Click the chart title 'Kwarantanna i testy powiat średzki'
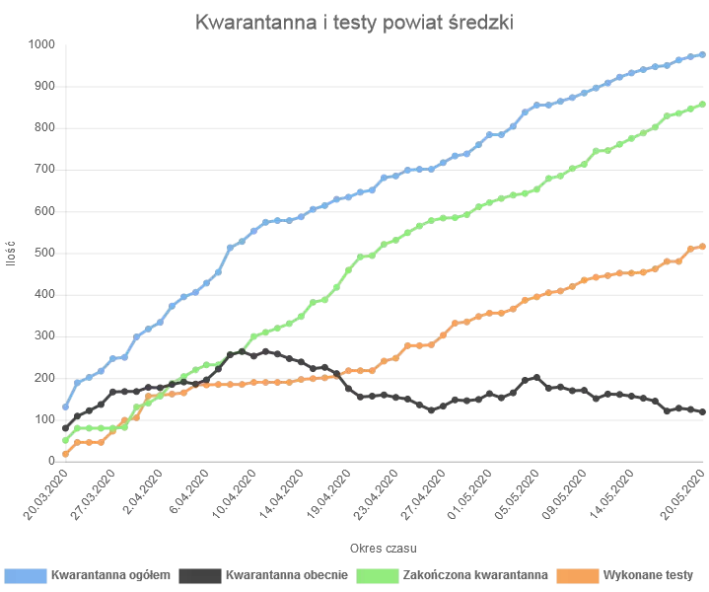click(354, 21)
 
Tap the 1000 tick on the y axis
click(41, 44)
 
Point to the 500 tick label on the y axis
click(44, 253)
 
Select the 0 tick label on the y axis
click(51, 461)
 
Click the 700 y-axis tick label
click(44, 170)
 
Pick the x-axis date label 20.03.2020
click(46, 496)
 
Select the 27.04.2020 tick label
click(423, 496)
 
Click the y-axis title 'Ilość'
click(11, 253)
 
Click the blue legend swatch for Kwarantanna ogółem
click(26, 573)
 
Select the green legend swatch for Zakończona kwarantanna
click(378, 573)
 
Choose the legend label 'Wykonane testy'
click(652, 573)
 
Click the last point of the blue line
click(703, 55)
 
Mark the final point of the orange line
click(703, 247)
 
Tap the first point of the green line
click(66, 440)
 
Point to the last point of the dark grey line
click(703, 411)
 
